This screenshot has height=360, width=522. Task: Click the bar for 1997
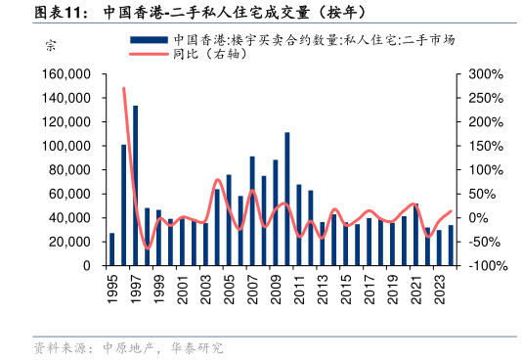(x=135, y=186)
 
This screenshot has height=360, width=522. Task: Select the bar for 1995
(x=111, y=249)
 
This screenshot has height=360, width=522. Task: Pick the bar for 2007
(x=252, y=211)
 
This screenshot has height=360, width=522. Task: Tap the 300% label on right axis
(x=486, y=74)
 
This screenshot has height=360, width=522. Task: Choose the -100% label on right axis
(x=486, y=266)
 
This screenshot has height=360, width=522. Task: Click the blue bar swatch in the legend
(x=150, y=40)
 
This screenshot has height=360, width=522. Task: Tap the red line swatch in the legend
(x=150, y=55)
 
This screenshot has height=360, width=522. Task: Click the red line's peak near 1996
(x=123, y=89)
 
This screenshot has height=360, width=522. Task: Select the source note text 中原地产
(x=115, y=347)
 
